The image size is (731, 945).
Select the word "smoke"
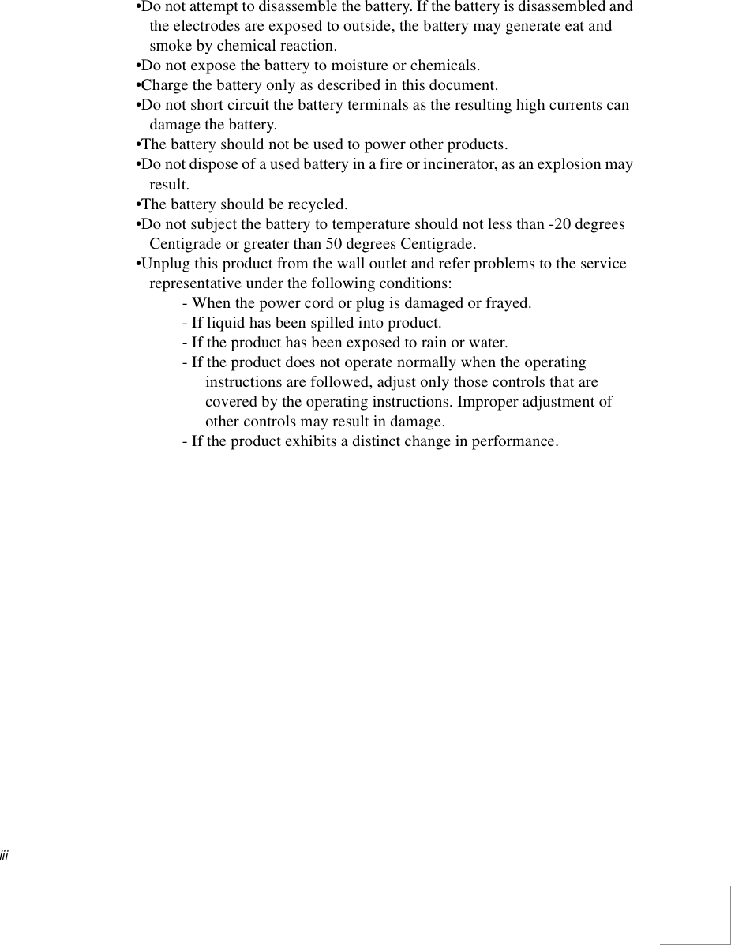[x=169, y=46]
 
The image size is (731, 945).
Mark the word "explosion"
[x=571, y=165]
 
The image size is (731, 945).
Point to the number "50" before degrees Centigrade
[x=334, y=244]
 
